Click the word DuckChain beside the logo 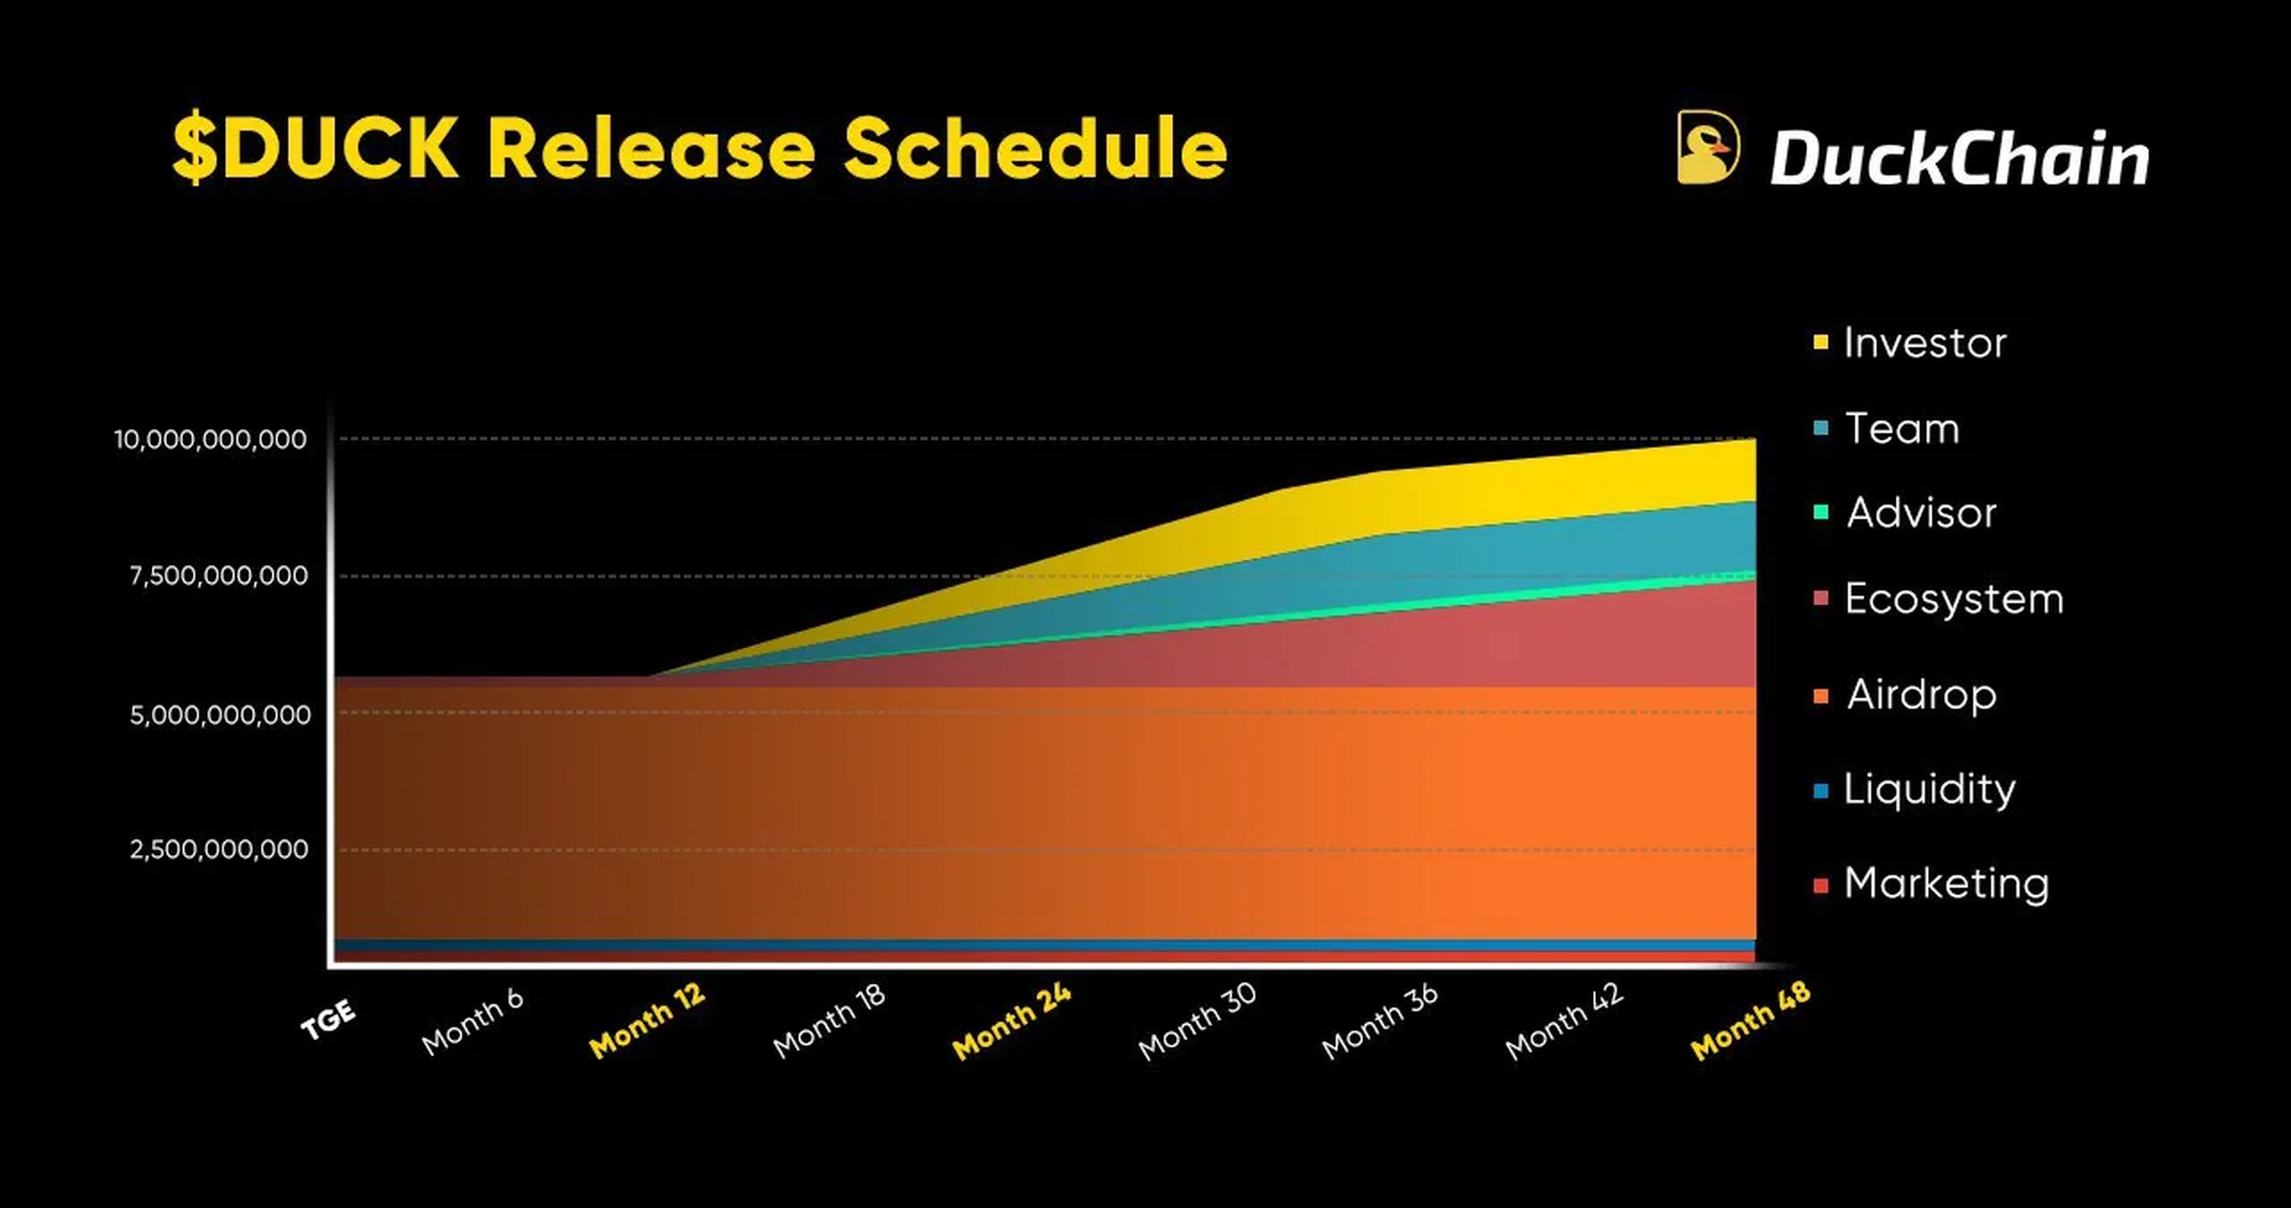click(x=1959, y=158)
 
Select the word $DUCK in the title click(x=315, y=149)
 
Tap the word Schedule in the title click(x=1035, y=149)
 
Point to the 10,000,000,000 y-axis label click(x=211, y=439)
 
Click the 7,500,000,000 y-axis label click(x=219, y=575)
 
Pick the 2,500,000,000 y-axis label click(x=219, y=849)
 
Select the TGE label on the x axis click(x=328, y=1020)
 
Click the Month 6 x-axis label click(x=473, y=1022)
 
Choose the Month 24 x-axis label click(x=1012, y=1022)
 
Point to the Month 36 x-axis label click(x=1379, y=1022)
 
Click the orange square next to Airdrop click(x=1821, y=697)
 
